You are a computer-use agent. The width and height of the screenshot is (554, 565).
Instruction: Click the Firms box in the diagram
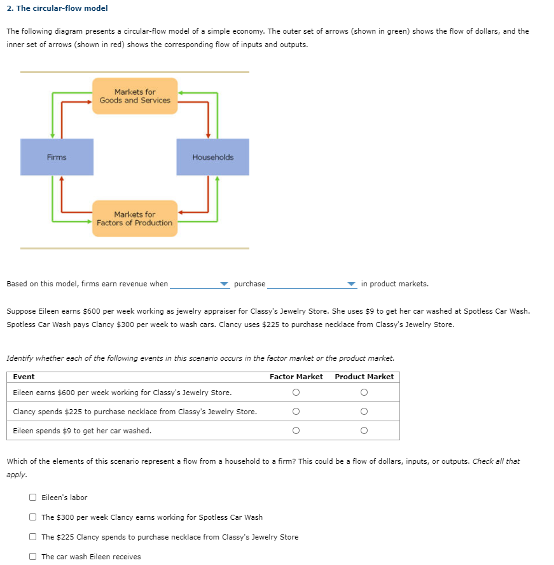tap(57, 157)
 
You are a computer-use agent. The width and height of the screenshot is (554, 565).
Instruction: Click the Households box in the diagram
tap(212, 157)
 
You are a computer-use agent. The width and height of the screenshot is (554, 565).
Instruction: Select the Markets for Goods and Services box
tap(135, 96)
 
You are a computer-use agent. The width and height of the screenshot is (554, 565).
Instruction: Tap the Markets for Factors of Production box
tap(135, 219)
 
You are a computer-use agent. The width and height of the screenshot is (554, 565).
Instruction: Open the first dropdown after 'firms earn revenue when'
tap(200, 284)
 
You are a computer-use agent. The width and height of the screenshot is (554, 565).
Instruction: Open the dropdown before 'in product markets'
tap(312, 284)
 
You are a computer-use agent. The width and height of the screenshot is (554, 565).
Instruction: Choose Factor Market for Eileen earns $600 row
tap(296, 393)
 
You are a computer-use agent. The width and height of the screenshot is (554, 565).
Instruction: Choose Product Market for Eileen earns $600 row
tap(364, 393)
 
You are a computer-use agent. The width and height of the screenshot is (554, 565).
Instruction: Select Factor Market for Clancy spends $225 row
tap(296, 412)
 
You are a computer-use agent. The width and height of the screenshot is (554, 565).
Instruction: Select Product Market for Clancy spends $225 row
tap(364, 412)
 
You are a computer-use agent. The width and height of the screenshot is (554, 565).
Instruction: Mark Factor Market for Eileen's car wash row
tap(296, 431)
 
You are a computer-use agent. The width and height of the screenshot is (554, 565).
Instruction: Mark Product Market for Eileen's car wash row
tap(364, 431)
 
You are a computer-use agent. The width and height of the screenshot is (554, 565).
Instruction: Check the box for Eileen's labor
tap(32, 498)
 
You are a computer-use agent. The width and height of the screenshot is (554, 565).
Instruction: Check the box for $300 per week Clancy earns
tap(32, 517)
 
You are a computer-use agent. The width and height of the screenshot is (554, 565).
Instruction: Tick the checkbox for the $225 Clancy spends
tap(32, 537)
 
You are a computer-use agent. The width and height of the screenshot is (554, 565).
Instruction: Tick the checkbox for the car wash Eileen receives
tap(32, 557)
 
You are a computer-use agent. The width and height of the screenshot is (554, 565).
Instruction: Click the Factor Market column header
tap(296, 377)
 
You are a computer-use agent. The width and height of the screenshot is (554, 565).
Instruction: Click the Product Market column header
tap(364, 377)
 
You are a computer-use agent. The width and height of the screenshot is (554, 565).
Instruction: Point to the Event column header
tap(24, 377)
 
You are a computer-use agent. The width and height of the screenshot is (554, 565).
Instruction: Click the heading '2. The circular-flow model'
tap(57, 8)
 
